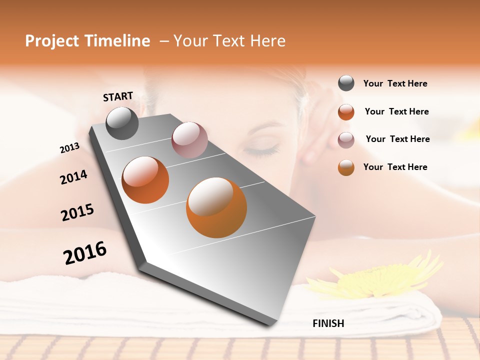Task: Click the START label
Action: (x=118, y=96)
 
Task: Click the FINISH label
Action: (x=328, y=323)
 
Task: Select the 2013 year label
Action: (x=69, y=148)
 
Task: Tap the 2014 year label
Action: (x=73, y=177)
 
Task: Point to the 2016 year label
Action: (x=85, y=252)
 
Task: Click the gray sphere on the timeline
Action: (x=122, y=123)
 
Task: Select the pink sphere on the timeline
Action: (x=189, y=139)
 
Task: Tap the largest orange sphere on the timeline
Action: (x=216, y=207)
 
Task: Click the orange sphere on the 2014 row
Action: (x=145, y=179)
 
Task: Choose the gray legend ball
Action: (x=346, y=83)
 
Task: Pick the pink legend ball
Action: (x=346, y=139)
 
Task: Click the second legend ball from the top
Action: (x=346, y=112)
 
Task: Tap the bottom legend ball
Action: (x=346, y=167)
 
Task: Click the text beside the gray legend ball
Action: (x=395, y=84)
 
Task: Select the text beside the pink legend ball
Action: (x=397, y=139)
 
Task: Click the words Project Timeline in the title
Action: (x=87, y=41)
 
